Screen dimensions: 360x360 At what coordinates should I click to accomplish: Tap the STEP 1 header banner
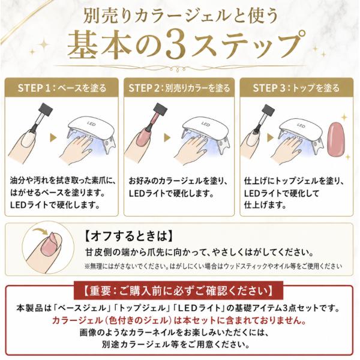point(62,87)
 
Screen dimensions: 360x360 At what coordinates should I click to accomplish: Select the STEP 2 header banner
point(179,87)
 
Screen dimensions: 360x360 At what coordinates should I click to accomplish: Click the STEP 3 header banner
point(296,87)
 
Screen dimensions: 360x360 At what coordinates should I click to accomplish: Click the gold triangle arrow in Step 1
point(53,137)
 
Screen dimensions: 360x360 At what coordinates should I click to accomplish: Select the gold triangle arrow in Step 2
point(167,137)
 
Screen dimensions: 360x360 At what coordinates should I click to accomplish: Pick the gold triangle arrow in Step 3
point(271,137)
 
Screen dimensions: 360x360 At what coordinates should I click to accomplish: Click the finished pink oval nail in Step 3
point(336,140)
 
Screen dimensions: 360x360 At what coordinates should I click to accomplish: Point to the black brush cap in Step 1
point(46,109)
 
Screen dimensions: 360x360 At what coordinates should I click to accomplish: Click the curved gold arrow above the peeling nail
point(41,230)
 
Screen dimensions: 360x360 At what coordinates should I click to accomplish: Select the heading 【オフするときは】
point(128,236)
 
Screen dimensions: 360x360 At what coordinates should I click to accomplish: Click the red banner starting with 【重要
point(178,290)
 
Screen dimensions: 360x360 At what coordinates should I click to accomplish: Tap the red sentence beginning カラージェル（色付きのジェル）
point(179,320)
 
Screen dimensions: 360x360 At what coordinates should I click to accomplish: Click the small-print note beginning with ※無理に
point(213,266)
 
